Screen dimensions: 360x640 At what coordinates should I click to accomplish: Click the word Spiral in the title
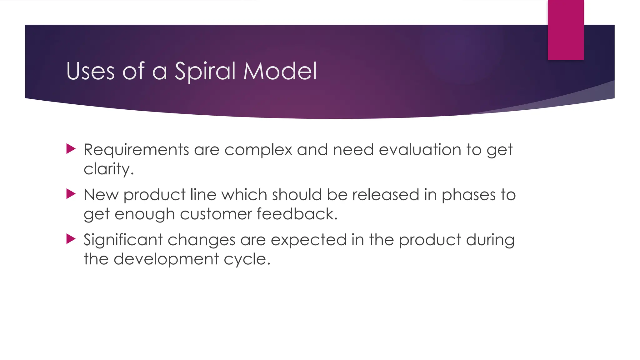[x=205, y=71]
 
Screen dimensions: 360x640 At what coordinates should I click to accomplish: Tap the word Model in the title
[x=280, y=71]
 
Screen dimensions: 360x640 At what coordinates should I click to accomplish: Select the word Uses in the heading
[x=91, y=71]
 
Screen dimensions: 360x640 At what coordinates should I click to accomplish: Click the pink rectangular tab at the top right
[x=566, y=30]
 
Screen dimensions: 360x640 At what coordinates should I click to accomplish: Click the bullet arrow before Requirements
[x=71, y=149]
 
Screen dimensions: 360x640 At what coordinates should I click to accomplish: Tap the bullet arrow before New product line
[x=71, y=194]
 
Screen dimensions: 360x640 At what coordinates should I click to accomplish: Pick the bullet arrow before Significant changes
[x=71, y=239]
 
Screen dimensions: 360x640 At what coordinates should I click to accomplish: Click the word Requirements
[x=136, y=150]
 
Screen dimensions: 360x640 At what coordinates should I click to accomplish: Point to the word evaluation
[x=420, y=150]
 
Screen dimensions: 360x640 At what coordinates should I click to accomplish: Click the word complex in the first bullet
[x=258, y=150]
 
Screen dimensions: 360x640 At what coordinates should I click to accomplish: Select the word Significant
[x=123, y=240]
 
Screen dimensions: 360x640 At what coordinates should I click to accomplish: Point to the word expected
[x=308, y=240]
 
